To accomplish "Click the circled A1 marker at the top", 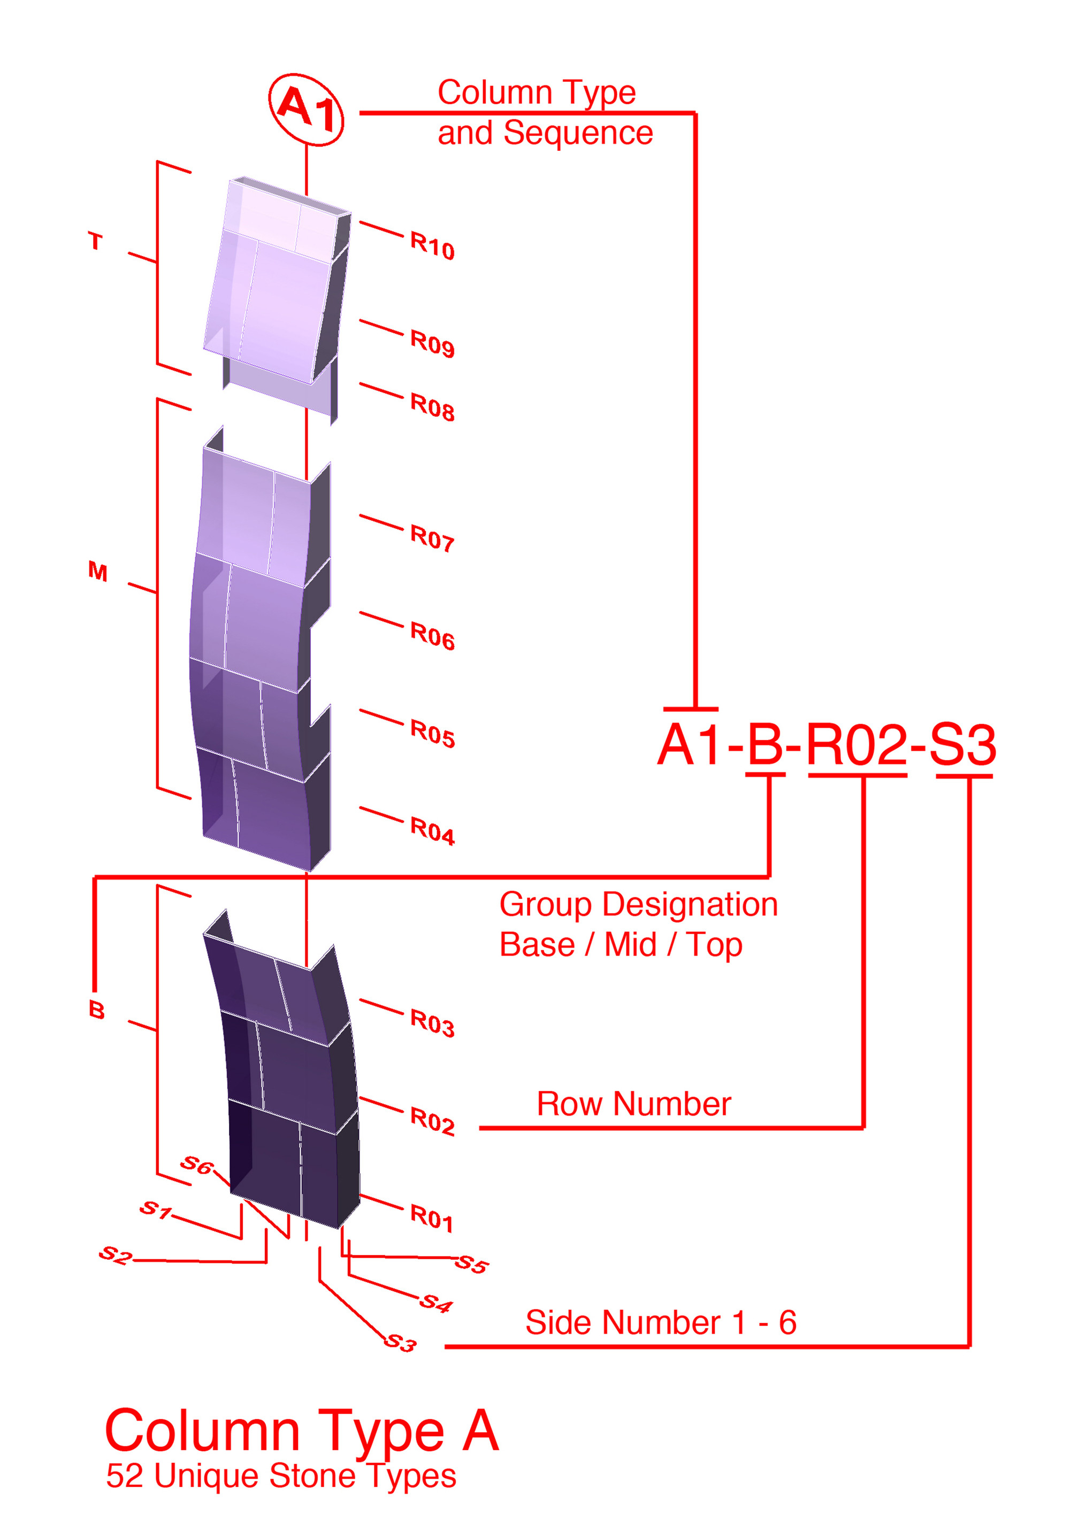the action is [x=306, y=110].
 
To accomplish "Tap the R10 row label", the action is [x=432, y=245].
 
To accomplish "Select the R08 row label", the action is [x=432, y=406].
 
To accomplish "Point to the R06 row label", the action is [x=432, y=635].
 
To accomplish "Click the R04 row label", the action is [x=432, y=830].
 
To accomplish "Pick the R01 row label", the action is [x=431, y=1217].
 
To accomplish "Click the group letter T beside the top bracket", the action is [x=96, y=241].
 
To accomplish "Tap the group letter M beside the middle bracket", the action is [x=97, y=571].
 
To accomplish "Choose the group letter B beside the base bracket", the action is [x=96, y=1010].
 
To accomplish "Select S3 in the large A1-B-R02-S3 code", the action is [x=962, y=744].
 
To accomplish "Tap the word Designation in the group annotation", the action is [x=690, y=905].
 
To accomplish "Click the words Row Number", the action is [x=634, y=1104].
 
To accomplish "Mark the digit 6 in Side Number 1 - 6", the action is [x=788, y=1323].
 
